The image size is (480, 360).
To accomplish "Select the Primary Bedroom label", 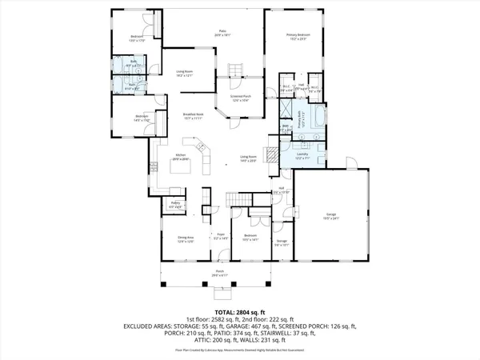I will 298,36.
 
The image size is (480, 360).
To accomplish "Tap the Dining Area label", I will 186,238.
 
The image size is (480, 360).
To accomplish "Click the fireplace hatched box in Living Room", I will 271,154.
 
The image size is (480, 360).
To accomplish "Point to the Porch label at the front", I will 220,273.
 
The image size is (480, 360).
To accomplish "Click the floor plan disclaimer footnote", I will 240,350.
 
